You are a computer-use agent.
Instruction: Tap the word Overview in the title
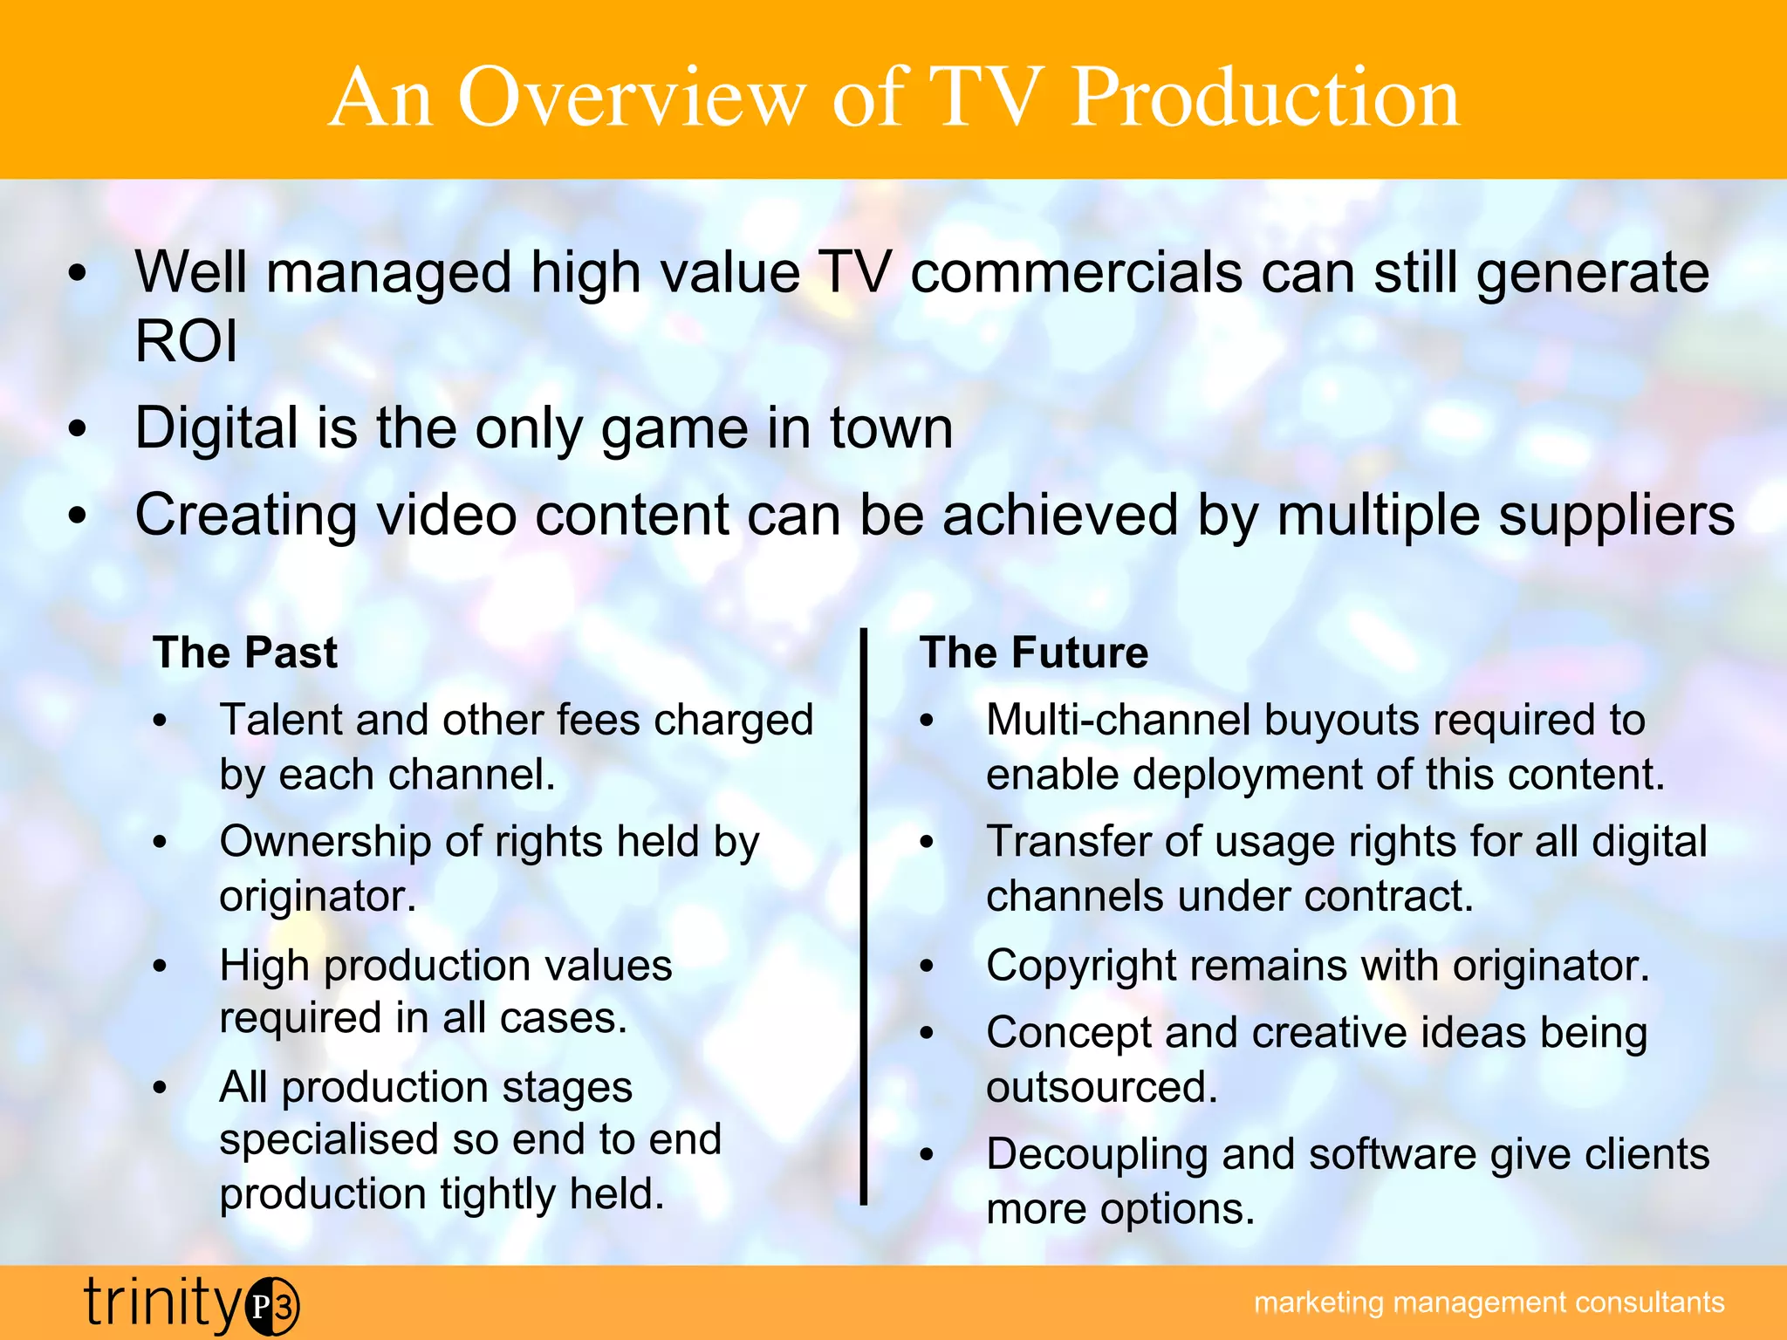click(x=631, y=98)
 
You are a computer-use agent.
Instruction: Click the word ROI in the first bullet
click(x=186, y=341)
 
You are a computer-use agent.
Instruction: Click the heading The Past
click(x=245, y=653)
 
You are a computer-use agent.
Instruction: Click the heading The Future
click(x=1034, y=653)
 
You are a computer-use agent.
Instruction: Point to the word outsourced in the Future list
click(x=1101, y=1088)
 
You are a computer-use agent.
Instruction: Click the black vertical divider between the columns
click(x=864, y=916)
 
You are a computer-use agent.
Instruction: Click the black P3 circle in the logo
click(x=272, y=1306)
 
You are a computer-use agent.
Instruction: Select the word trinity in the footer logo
click(x=162, y=1303)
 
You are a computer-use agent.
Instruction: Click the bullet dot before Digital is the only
click(x=79, y=429)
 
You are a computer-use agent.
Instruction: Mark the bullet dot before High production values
click(x=160, y=967)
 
